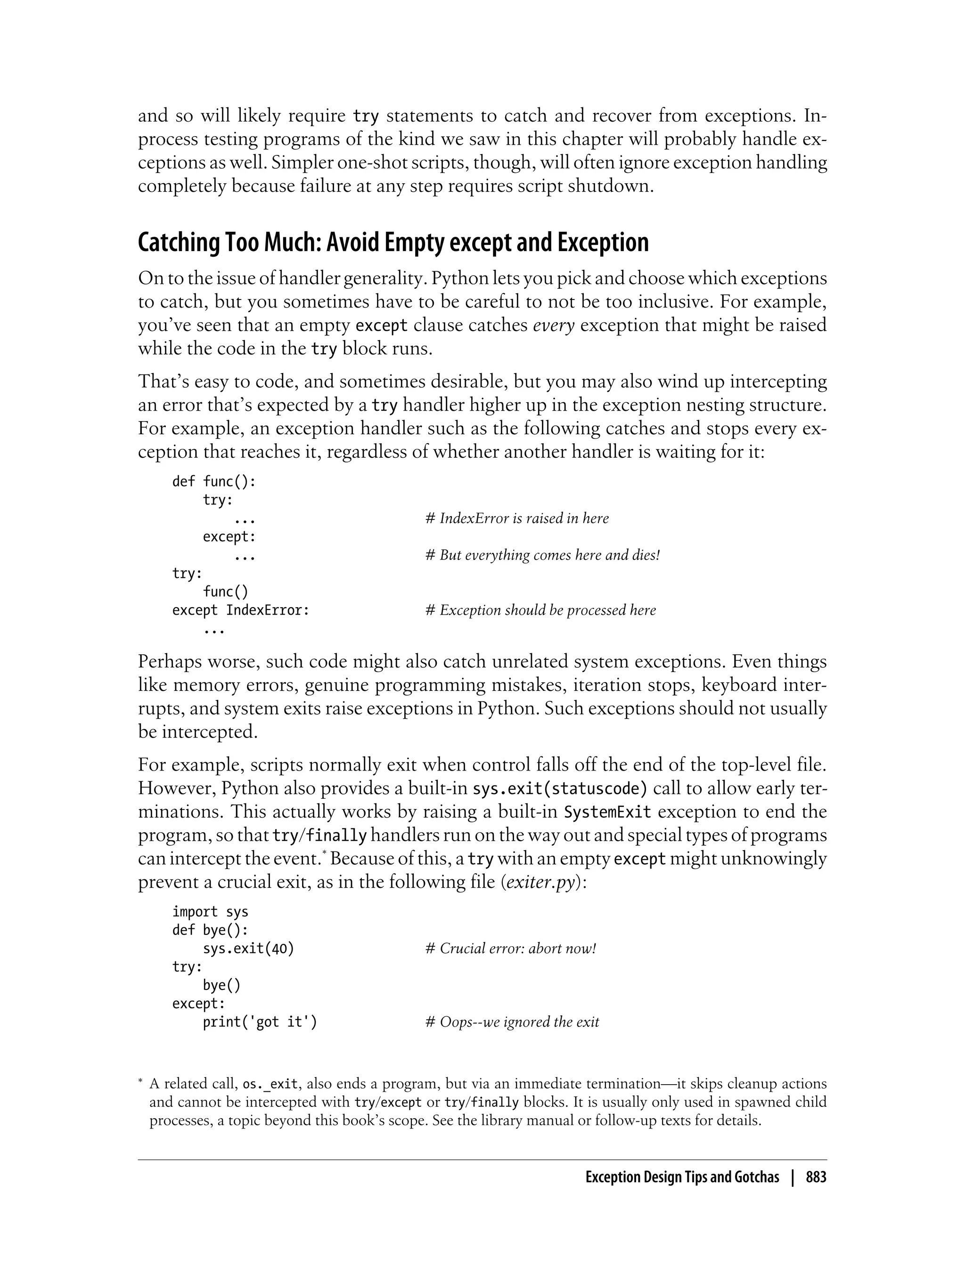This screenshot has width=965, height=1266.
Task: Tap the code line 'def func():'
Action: (213, 481)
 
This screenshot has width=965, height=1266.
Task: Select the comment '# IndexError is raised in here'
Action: (517, 519)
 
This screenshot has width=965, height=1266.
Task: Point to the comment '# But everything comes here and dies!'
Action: (542, 555)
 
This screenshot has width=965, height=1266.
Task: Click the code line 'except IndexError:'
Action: (241, 610)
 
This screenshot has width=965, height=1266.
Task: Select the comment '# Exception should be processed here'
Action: (540, 610)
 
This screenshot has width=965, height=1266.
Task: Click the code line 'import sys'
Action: (210, 912)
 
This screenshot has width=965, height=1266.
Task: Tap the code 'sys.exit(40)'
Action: (248, 949)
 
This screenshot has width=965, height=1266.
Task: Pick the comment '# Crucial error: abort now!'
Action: (511, 949)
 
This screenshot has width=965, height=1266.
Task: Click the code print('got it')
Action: (260, 1022)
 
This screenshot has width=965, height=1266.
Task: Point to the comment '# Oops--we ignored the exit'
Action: (512, 1022)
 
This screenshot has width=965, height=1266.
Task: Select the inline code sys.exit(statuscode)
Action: (559, 789)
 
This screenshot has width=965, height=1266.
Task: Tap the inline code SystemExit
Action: (608, 812)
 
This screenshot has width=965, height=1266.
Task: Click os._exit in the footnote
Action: (270, 1085)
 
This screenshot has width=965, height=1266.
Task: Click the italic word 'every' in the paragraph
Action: (554, 325)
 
